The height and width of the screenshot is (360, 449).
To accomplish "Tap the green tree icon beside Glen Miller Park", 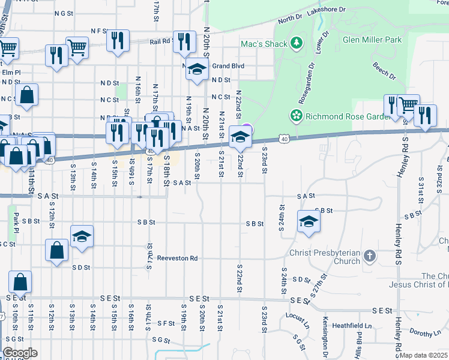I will point(295,43).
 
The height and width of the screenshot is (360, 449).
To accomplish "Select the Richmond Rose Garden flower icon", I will point(295,115).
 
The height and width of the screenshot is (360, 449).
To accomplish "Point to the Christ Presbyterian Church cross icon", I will point(370,256).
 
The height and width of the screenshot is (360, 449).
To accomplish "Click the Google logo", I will point(20,353).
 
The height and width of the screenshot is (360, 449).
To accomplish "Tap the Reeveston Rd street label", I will point(177,258).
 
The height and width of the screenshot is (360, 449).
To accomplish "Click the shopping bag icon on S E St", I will point(20,281).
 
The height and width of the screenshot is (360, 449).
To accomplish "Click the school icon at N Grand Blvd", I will point(196,70).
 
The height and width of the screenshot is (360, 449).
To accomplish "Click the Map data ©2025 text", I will point(424,356).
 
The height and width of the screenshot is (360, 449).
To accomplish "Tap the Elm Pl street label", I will point(11,72).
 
